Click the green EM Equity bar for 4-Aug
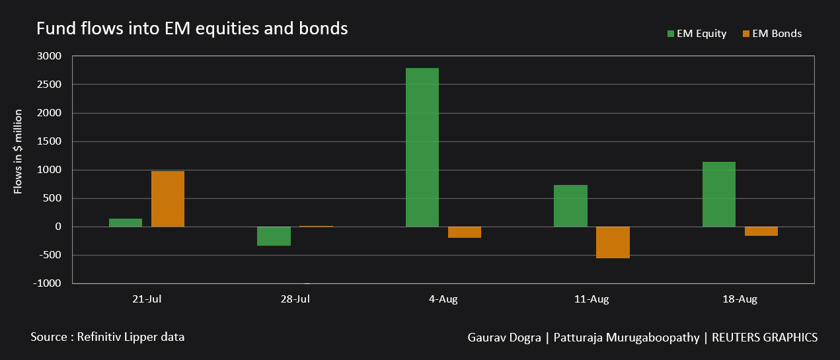tap(422, 147)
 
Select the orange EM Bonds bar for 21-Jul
tap(168, 199)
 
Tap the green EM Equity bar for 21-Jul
tap(126, 223)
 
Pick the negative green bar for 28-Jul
tap(274, 236)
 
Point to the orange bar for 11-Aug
tap(613, 242)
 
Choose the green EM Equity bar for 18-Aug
tap(719, 194)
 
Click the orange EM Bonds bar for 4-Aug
tap(465, 232)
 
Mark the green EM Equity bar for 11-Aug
tap(570, 205)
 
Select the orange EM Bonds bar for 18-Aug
tap(761, 231)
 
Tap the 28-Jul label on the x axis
tap(295, 299)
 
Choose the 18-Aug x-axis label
tap(740, 299)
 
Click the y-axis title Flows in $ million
tap(19, 152)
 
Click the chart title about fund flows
tap(192, 29)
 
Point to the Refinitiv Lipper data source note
tap(107, 337)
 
